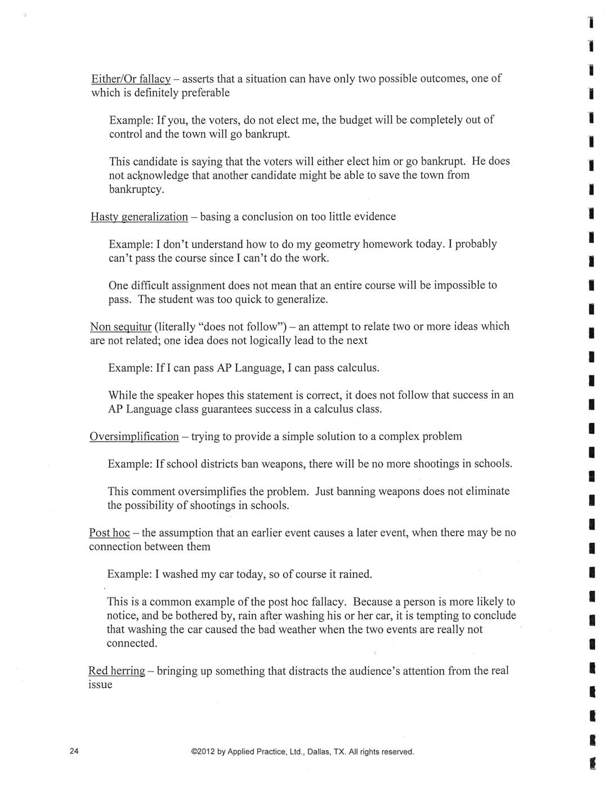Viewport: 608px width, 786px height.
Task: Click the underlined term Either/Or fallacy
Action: (x=131, y=79)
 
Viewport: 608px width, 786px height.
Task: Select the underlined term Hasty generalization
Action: (x=139, y=217)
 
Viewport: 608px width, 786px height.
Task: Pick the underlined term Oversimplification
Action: (x=134, y=437)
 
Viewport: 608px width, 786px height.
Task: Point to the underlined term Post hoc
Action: (x=109, y=533)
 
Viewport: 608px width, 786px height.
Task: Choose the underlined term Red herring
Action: (x=117, y=671)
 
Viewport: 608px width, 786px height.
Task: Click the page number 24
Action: (x=74, y=751)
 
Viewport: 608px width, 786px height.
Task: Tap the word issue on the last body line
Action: (x=100, y=685)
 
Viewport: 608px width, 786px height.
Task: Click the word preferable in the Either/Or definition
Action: (x=205, y=93)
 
